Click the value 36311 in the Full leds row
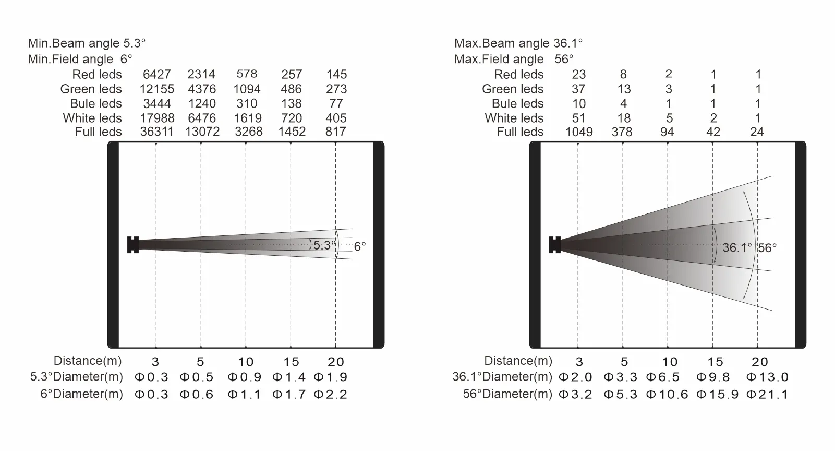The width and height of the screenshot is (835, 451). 156,132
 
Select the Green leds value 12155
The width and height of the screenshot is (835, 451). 156,89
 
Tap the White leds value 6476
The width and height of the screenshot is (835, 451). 202,118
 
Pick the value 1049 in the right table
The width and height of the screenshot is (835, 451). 579,132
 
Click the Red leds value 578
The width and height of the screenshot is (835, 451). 247,74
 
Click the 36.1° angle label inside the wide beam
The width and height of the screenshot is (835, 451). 737,247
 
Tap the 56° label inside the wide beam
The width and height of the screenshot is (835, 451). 768,248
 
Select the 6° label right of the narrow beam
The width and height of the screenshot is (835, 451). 360,246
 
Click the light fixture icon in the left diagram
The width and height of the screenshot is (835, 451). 133,245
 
